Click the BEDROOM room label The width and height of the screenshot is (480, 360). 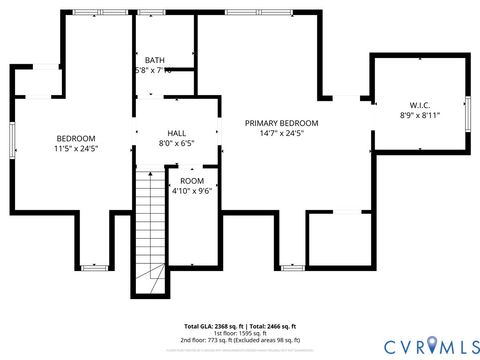pos(76,138)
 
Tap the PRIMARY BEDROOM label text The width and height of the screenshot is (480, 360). pos(281,123)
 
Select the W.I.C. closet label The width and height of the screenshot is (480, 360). pos(419,105)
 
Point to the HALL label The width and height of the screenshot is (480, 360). pos(176,132)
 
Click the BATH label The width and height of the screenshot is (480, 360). pos(155,60)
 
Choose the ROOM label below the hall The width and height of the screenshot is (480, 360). pos(191,181)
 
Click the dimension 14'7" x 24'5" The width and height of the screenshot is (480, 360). pos(281,133)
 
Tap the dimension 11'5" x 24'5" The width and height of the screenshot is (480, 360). pos(76,148)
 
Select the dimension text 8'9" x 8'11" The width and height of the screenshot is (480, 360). pos(419,115)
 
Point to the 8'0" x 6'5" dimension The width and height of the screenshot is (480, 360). pos(176,142)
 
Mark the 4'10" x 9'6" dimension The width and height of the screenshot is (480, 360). pos(191,190)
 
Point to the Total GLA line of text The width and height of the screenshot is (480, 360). pos(239,327)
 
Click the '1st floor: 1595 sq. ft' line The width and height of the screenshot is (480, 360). pos(239,334)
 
